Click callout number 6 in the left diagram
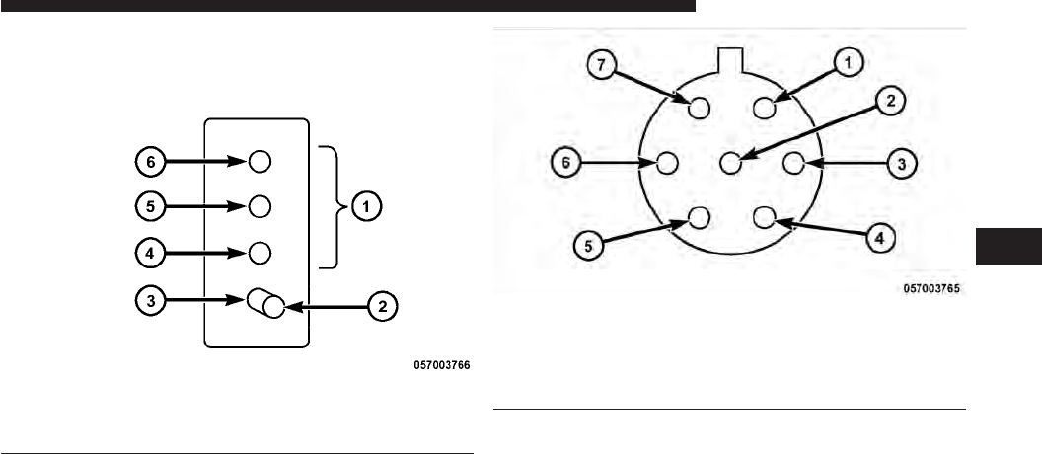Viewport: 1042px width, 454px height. [148, 159]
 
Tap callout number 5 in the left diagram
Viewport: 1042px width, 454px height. [148, 205]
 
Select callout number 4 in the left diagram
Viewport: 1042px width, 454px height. [148, 253]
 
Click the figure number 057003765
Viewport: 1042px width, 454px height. [931, 289]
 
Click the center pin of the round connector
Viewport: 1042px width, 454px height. [731, 162]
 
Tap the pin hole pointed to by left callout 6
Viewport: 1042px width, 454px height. [260, 159]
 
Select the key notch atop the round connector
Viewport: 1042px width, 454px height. [730, 58]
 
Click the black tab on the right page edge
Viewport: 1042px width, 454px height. [1007, 246]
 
